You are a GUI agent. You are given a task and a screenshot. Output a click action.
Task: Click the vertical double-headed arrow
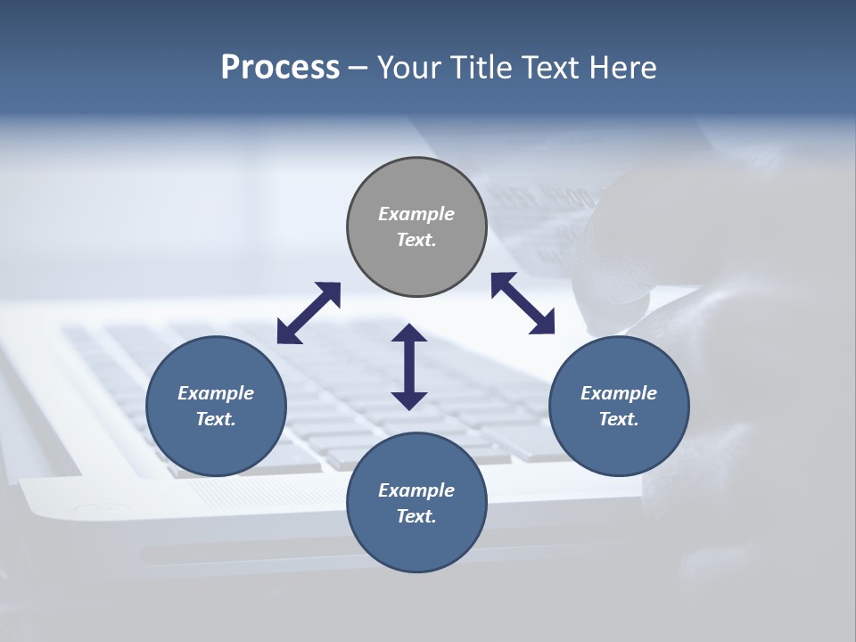coord(409,366)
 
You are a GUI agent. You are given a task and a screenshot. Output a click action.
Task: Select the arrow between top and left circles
coord(309,313)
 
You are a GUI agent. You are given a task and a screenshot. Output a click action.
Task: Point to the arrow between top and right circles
coord(523,303)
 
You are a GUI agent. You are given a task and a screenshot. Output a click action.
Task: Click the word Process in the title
coord(280,67)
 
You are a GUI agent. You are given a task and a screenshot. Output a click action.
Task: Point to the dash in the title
coord(358,68)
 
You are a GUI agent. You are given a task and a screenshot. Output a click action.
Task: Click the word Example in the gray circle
coord(416,214)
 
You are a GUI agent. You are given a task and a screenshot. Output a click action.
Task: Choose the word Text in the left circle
coord(216,419)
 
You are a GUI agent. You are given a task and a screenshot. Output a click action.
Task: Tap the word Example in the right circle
coord(619,393)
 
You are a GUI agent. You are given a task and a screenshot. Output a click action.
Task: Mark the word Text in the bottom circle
coord(416,516)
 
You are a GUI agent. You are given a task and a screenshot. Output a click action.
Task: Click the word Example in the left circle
coord(216,393)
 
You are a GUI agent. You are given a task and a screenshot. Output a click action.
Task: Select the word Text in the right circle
coord(619,419)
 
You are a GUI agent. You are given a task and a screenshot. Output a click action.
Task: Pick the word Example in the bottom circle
coord(416,490)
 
